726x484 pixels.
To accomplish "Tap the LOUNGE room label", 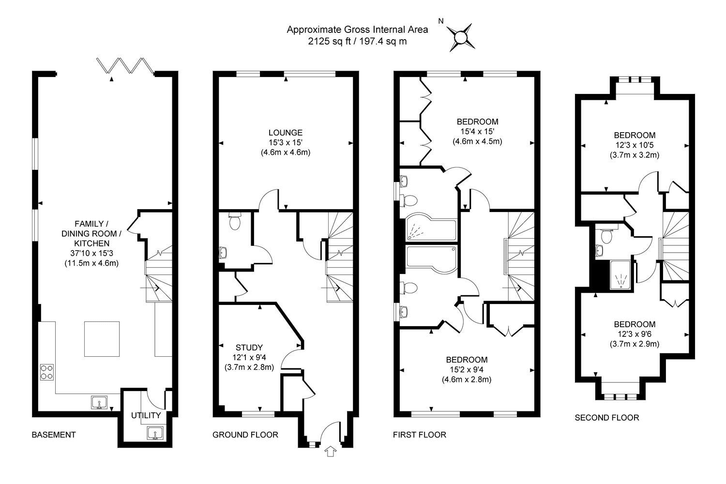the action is [x=285, y=133].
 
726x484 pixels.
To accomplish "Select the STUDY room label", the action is [x=249, y=348].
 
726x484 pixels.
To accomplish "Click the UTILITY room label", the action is [x=146, y=415].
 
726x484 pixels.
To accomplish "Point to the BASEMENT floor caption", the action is [x=53, y=435].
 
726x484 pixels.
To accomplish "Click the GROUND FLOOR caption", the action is [x=245, y=435].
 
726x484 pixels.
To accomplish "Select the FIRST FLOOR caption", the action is [x=420, y=435].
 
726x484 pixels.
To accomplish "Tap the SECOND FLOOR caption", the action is [x=607, y=418].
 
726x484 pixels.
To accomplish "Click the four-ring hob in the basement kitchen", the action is [x=46, y=372].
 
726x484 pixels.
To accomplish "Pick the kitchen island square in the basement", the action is [x=102, y=339].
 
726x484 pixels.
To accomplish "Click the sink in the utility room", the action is [x=155, y=433].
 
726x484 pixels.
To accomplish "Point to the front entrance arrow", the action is [x=330, y=452].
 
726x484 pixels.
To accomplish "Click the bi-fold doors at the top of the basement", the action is [x=125, y=66].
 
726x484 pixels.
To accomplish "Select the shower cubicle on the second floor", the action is [x=620, y=274].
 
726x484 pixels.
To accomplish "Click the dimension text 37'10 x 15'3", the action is [x=92, y=253].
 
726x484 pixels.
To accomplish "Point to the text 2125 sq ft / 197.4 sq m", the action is [x=357, y=41].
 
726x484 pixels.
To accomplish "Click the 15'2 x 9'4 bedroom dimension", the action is [x=467, y=369].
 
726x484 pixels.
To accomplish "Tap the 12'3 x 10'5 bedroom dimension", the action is [x=635, y=145].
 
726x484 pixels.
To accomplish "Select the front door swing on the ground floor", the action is [x=330, y=431].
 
